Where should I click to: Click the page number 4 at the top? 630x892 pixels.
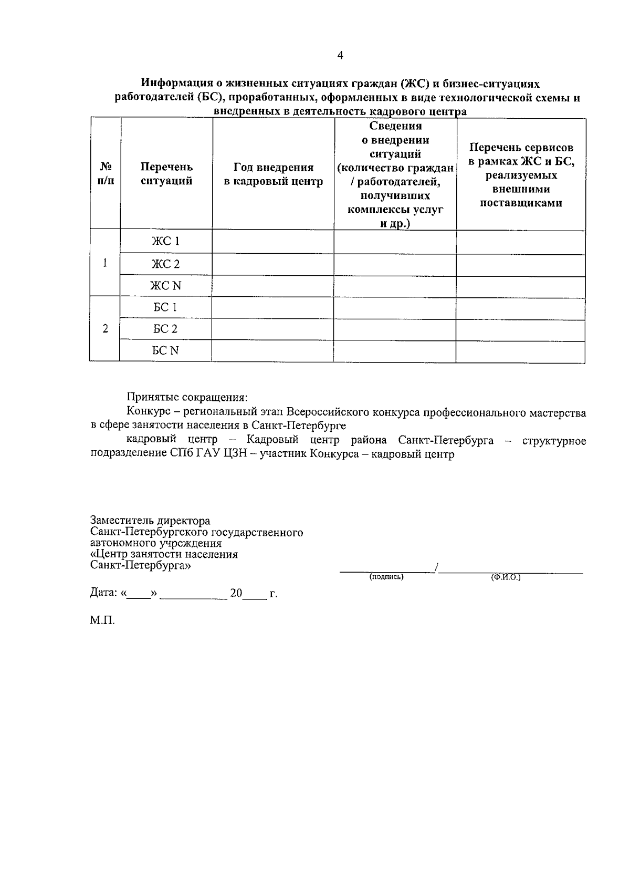[x=340, y=55]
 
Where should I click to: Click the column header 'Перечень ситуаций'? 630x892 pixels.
[x=166, y=174]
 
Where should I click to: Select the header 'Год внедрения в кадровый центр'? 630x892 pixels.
[x=273, y=174]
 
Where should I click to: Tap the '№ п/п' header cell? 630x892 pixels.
[x=106, y=173]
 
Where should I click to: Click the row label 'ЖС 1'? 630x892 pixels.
[x=166, y=241]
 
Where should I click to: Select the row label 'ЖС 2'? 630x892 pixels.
[x=166, y=264]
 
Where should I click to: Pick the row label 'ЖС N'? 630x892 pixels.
[x=166, y=286]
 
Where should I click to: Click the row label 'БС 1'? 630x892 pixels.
[x=165, y=307]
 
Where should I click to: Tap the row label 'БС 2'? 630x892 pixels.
[x=165, y=329]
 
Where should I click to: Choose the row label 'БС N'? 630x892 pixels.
[x=165, y=350]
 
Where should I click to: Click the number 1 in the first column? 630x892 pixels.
[x=106, y=263]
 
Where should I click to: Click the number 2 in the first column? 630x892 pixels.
[x=106, y=329]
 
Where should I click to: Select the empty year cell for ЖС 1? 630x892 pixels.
[x=273, y=241]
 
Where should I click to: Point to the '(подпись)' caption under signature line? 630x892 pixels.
[x=386, y=577]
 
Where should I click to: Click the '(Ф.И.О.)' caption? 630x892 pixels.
[x=506, y=577]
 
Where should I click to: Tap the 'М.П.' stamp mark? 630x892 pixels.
[x=102, y=620]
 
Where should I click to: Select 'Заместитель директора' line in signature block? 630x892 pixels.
[x=150, y=521]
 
